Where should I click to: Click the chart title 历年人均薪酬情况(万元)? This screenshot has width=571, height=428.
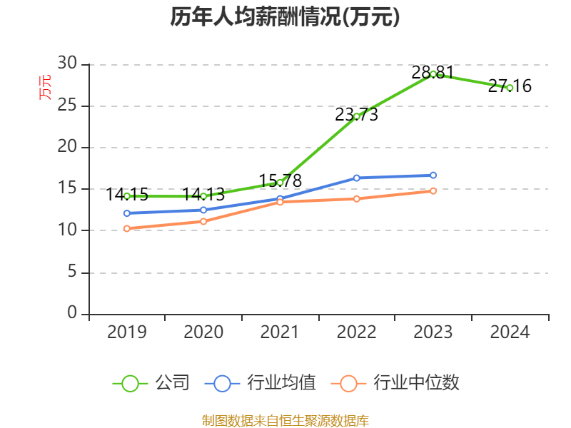point(285,17)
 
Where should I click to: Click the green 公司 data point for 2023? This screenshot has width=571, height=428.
point(433,74)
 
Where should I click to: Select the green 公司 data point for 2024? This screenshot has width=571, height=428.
point(510,88)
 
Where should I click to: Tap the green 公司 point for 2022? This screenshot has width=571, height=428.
point(356,116)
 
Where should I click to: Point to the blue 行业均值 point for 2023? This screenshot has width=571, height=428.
point(433,175)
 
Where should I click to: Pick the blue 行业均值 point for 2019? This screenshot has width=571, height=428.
point(127,213)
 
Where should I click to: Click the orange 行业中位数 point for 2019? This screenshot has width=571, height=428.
point(127,228)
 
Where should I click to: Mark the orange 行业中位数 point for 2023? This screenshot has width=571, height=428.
point(433,190)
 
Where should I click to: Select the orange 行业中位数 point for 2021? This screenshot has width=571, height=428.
point(280,202)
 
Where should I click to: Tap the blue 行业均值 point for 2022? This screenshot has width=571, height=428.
point(356,178)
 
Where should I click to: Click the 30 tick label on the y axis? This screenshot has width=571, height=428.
point(67,64)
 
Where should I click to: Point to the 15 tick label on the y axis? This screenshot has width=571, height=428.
point(67,189)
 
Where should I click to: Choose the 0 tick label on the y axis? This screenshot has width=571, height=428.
point(71,314)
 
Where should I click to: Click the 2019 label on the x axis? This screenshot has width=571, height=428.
point(127,332)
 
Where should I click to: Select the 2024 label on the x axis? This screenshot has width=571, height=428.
point(510,332)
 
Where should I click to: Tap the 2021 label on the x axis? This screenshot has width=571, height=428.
point(280,332)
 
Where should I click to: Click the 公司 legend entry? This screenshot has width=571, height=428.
point(152,383)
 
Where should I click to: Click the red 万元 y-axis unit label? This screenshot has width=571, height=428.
point(45,88)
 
